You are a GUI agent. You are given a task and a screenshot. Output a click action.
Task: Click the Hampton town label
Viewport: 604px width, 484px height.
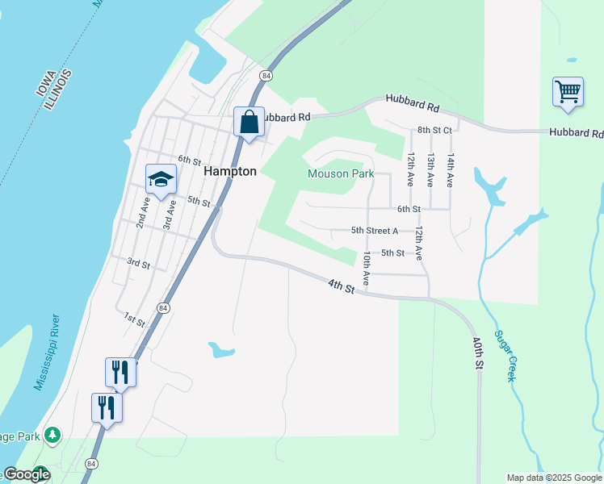click(x=230, y=171)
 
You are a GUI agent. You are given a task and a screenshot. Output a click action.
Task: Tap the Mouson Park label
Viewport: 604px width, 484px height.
click(x=339, y=173)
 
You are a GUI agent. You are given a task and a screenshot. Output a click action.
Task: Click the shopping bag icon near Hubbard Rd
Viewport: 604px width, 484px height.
click(x=250, y=123)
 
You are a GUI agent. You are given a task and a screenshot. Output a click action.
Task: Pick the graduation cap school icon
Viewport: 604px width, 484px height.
click(x=161, y=180)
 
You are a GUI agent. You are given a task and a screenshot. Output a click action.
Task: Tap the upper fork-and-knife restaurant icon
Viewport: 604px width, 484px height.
click(x=120, y=372)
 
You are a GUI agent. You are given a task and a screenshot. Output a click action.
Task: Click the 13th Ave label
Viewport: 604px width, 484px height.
click(x=431, y=170)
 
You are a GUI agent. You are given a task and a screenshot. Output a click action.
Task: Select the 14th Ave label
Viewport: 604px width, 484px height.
click(x=451, y=170)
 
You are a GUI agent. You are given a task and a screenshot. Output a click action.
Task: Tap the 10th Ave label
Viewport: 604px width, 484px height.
click(x=367, y=269)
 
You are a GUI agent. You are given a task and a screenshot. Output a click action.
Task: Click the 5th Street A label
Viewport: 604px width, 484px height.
click(x=375, y=231)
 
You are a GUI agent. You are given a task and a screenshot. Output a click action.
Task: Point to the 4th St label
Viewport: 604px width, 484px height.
click(x=342, y=286)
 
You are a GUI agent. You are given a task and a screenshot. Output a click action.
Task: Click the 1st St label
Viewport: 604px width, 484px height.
click(x=134, y=319)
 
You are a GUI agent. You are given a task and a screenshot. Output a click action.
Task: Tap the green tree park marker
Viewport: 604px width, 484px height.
click(x=52, y=436)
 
